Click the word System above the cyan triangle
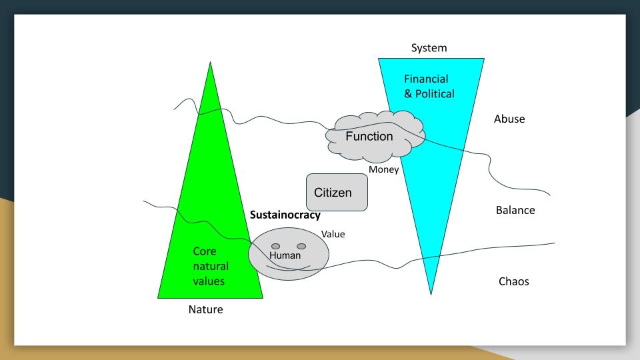429,48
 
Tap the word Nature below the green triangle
205,309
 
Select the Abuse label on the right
509,119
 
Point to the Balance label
515,211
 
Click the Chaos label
514,281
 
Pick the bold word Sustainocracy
285,215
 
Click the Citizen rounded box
337,193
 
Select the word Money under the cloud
383,170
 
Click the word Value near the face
333,234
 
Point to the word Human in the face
285,255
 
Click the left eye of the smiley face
275,246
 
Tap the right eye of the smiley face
301,246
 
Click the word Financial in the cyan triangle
426,79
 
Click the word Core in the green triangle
205,252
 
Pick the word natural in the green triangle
211,267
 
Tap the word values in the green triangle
209,281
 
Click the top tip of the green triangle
210,63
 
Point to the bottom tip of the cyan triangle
431,293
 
